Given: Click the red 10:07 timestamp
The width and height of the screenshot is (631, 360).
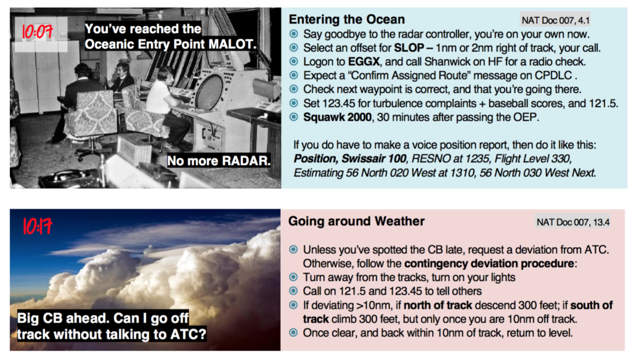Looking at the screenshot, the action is click(37, 31).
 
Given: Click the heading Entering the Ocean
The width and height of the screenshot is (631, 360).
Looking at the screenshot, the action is click(346, 19).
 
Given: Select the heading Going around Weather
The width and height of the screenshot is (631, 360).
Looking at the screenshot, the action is click(356, 221).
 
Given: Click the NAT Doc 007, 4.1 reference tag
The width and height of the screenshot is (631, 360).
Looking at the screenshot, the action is click(555, 20).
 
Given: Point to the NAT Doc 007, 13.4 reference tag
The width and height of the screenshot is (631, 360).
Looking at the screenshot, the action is click(572, 222).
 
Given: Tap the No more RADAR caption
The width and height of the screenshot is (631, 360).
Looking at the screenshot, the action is click(219, 161).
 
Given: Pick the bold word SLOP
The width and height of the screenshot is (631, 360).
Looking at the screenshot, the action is click(409, 48).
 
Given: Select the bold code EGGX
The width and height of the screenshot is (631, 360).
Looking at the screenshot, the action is click(364, 62).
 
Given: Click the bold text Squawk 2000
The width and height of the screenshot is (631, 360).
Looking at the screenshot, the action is click(337, 117).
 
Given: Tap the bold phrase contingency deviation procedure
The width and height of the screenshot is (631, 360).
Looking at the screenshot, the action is click(489, 263).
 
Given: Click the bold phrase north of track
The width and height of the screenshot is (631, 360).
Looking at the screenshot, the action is click(438, 305).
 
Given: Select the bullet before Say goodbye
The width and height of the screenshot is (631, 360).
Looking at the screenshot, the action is click(294, 34).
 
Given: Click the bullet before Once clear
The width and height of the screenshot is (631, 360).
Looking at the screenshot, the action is click(293, 333).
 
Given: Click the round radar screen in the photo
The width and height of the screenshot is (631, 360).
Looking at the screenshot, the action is click(210, 92).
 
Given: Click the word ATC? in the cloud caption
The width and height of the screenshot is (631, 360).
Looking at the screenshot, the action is click(189, 334).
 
